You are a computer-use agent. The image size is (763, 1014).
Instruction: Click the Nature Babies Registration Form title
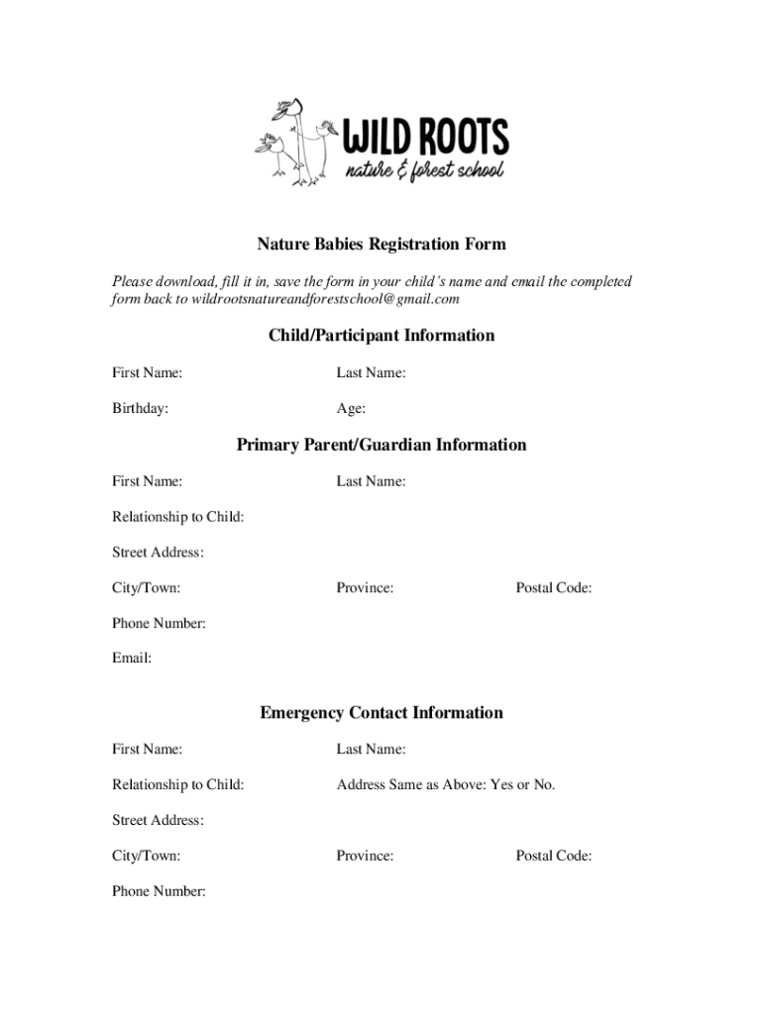pyautogui.click(x=381, y=244)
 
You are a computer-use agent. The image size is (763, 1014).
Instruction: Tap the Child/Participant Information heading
pyautogui.click(x=381, y=336)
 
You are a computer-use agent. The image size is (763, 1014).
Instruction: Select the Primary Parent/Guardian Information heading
pyautogui.click(x=381, y=445)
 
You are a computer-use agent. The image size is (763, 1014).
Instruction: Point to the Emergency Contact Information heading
pyautogui.click(x=381, y=713)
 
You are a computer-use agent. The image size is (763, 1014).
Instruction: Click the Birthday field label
pyautogui.click(x=140, y=408)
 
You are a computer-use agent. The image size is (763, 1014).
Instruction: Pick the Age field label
pyautogui.click(x=351, y=408)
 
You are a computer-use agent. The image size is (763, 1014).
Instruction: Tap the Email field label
pyautogui.click(x=132, y=659)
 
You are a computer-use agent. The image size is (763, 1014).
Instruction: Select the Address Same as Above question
pyautogui.click(x=446, y=785)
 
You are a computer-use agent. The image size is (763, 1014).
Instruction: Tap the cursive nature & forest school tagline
pyautogui.click(x=424, y=171)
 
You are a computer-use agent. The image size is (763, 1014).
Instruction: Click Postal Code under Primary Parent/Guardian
pyautogui.click(x=554, y=588)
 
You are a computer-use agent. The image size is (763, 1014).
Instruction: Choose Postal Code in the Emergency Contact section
pyautogui.click(x=554, y=856)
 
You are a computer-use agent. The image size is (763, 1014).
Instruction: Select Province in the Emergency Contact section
pyautogui.click(x=365, y=856)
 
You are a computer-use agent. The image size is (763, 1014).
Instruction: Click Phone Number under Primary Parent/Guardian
pyautogui.click(x=159, y=624)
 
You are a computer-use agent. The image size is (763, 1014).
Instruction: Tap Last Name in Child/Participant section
pyautogui.click(x=371, y=373)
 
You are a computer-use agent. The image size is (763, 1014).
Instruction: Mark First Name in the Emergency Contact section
pyautogui.click(x=147, y=750)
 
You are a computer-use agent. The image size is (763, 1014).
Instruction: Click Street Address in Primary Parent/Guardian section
pyautogui.click(x=158, y=553)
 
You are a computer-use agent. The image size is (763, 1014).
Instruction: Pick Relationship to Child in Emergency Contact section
pyautogui.click(x=178, y=785)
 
